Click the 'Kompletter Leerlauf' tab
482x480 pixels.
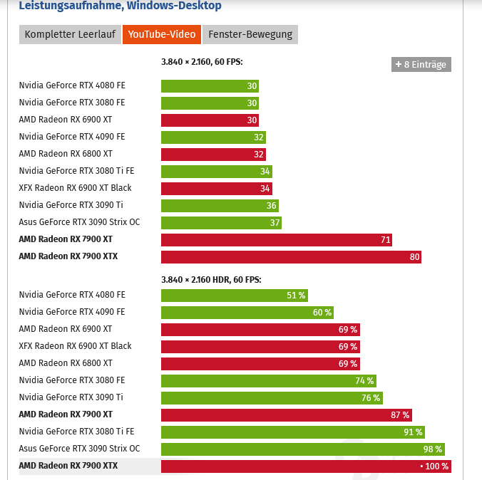69,34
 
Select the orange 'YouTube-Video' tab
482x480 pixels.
161,34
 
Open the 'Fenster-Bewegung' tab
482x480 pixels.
250,34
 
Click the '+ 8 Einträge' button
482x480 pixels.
421,64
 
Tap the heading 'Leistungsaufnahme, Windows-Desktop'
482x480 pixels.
120,6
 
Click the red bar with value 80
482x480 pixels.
291,256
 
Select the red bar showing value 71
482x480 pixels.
276,239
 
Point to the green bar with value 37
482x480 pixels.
221,222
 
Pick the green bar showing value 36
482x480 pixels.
220,205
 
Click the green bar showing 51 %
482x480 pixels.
235,295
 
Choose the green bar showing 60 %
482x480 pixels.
247,312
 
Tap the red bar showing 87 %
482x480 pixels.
286,414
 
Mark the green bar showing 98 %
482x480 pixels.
303,449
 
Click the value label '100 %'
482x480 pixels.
436,466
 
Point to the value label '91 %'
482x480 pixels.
413,432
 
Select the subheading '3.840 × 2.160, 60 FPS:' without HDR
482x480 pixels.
202,62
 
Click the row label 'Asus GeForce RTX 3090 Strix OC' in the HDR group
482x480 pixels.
79,449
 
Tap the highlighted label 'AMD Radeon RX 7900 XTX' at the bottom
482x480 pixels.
68,466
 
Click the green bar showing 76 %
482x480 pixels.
272,397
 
